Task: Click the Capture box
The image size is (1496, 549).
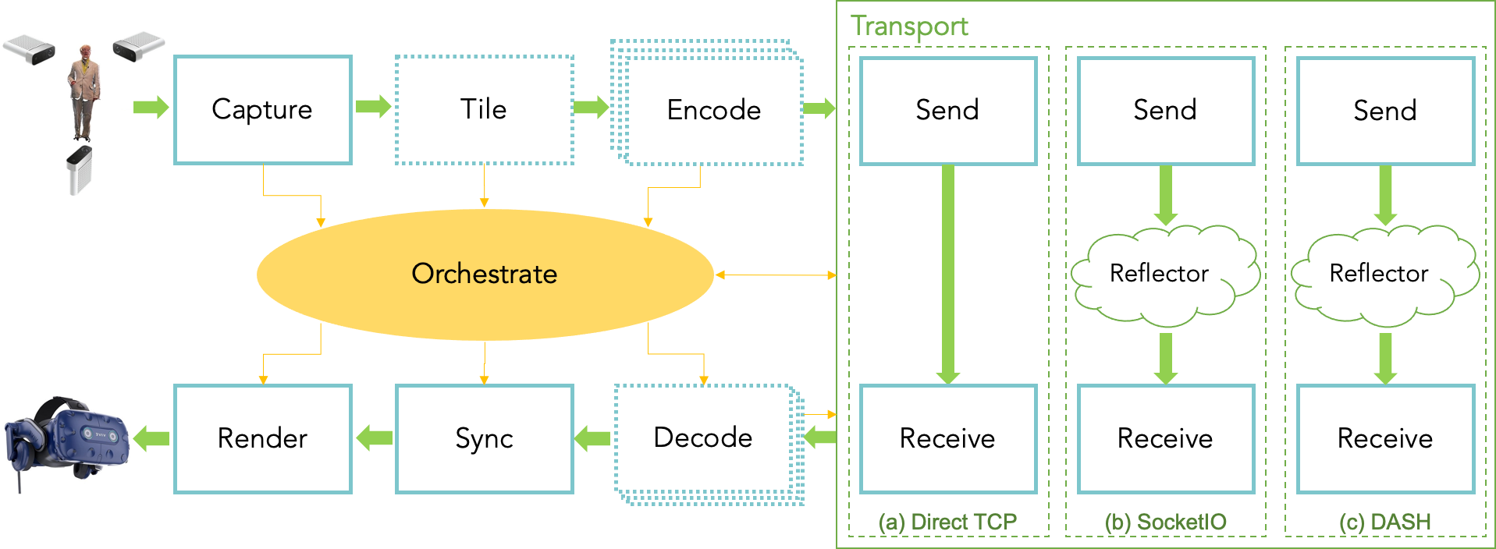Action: [262, 109]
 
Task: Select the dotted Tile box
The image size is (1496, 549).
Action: [484, 109]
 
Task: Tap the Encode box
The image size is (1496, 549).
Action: [713, 110]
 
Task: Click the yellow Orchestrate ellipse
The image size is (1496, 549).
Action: [485, 274]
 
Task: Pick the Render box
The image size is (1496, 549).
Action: [262, 438]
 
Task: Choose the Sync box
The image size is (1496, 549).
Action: [484, 438]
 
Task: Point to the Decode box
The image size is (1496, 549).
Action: [703, 438]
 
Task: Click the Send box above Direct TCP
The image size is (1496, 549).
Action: [947, 110]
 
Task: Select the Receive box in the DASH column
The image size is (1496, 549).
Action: [1385, 438]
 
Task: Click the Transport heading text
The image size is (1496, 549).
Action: [909, 26]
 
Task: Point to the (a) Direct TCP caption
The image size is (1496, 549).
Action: [947, 522]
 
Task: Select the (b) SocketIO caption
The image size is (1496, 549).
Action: [1165, 522]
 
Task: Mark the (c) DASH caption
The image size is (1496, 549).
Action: [1384, 522]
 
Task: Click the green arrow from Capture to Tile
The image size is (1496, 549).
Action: [373, 107]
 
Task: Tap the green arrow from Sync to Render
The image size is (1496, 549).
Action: [375, 438]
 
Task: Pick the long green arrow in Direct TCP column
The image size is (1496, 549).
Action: [948, 273]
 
